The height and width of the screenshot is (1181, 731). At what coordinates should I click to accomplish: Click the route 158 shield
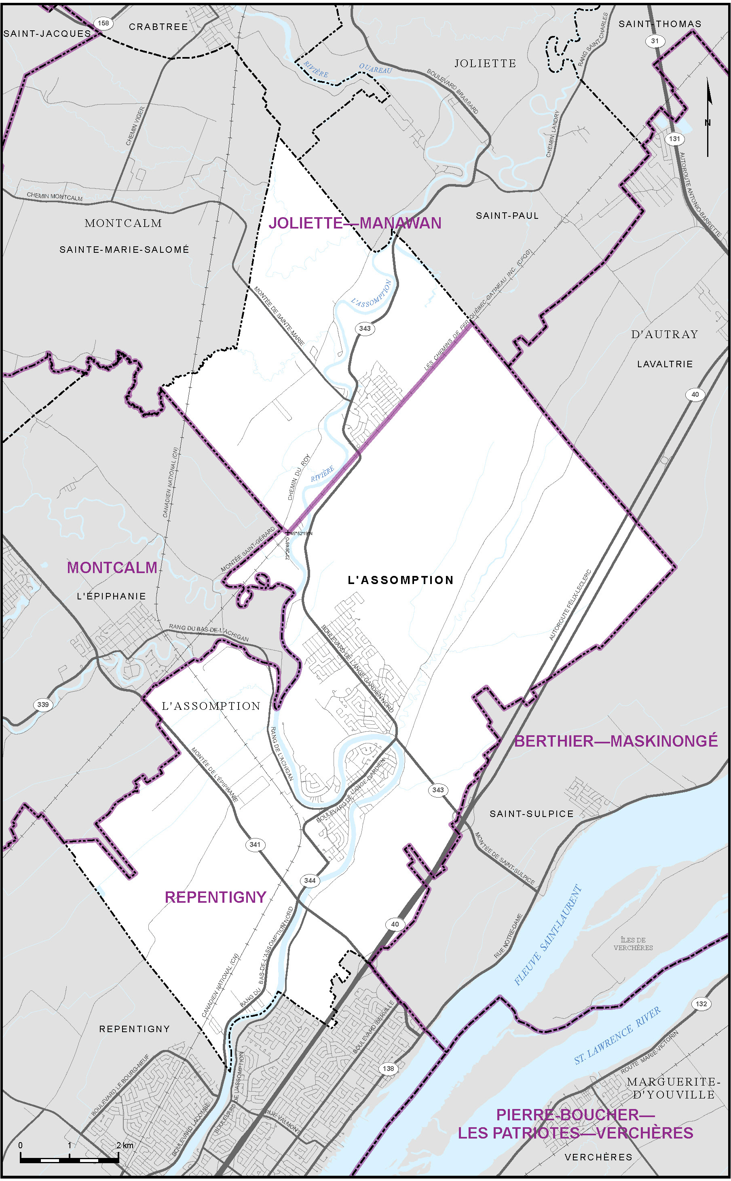103,23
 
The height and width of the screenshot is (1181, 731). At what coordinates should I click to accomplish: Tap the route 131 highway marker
674,139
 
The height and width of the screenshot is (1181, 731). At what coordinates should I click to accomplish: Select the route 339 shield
43,705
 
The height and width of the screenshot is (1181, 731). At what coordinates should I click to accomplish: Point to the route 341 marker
255,844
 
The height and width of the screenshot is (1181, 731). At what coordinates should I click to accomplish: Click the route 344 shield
310,880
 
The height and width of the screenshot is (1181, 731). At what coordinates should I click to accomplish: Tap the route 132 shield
701,1004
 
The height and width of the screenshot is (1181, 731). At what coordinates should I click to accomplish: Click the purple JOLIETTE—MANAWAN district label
355,223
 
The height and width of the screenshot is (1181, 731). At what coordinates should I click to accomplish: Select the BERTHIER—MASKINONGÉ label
615,741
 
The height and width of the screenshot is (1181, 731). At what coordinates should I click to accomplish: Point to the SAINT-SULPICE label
531,814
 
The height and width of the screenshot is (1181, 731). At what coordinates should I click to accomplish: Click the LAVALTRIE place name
665,364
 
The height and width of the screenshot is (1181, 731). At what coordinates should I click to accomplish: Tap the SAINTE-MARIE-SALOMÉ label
124,250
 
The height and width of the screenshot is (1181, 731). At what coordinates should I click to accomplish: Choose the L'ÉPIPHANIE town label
111,596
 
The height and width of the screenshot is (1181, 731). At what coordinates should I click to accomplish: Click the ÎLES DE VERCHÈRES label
633,944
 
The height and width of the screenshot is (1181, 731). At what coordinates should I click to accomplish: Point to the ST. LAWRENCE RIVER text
617,1035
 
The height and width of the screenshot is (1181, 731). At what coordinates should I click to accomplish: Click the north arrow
708,116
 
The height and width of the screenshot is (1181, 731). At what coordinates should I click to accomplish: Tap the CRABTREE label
158,27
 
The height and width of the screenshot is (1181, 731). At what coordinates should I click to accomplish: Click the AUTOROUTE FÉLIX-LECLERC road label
570,605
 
